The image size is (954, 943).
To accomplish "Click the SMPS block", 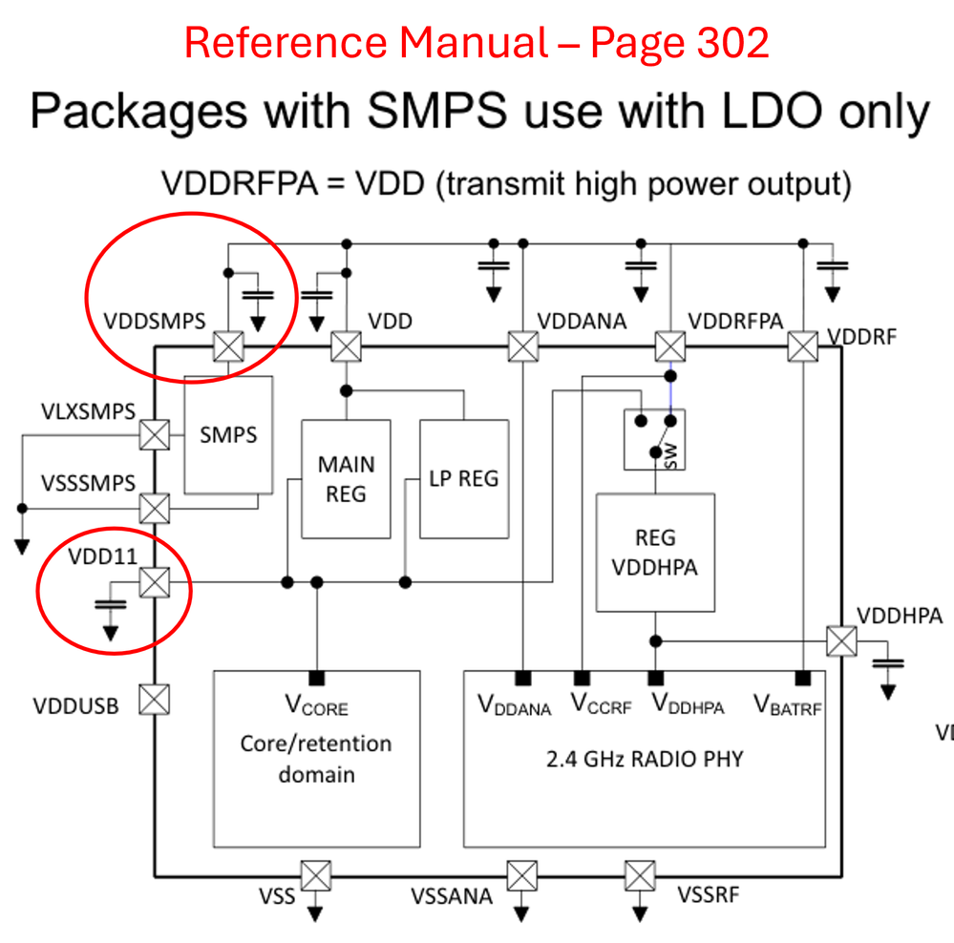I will click(228, 434).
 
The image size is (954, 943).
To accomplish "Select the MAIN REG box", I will click(346, 479).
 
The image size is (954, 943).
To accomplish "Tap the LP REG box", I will click(464, 478).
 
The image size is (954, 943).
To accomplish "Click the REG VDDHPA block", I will click(655, 554).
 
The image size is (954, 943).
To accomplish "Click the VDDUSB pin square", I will click(155, 701).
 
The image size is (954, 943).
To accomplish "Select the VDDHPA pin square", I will click(841, 640).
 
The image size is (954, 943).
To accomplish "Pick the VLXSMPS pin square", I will click(154, 435).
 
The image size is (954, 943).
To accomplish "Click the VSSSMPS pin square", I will click(154, 507).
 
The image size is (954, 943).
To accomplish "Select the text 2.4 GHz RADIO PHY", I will click(644, 760).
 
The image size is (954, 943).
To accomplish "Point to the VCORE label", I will click(316, 706).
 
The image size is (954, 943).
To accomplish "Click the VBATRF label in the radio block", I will click(788, 706).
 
